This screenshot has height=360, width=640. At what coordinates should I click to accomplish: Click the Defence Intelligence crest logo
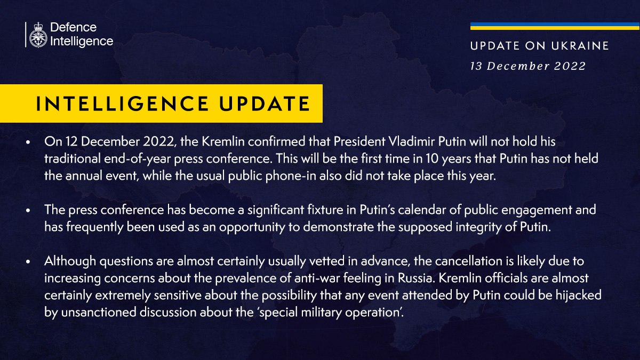(x=38, y=35)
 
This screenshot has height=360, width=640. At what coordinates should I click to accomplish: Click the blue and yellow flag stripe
(x=555, y=26)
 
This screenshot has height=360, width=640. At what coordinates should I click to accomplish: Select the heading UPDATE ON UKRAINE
(x=539, y=46)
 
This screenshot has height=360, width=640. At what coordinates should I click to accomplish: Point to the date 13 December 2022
(x=527, y=66)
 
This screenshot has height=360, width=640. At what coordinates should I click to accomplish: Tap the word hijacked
(x=582, y=296)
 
